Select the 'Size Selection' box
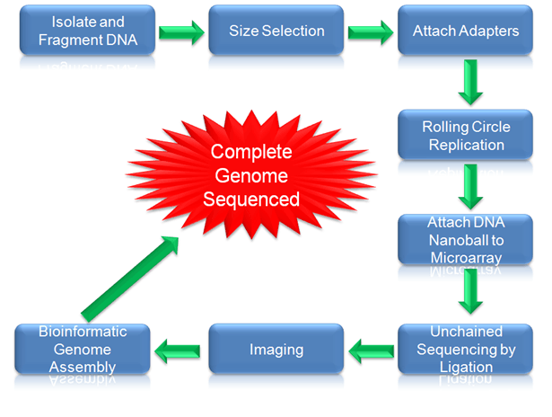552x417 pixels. pyautogui.click(x=276, y=31)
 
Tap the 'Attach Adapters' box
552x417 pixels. pyautogui.click(x=465, y=31)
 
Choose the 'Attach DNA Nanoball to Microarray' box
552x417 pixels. pyautogui.click(x=465, y=238)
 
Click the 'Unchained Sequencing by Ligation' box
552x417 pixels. pyautogui.click(x=465, y=349)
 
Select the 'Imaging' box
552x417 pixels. pyautogui.click(x=276, y=349)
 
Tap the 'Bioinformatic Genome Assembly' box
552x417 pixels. pyautogui.click(x=83, y=349)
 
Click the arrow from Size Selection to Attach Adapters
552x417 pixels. pyautogui.click(x=371, y=33)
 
